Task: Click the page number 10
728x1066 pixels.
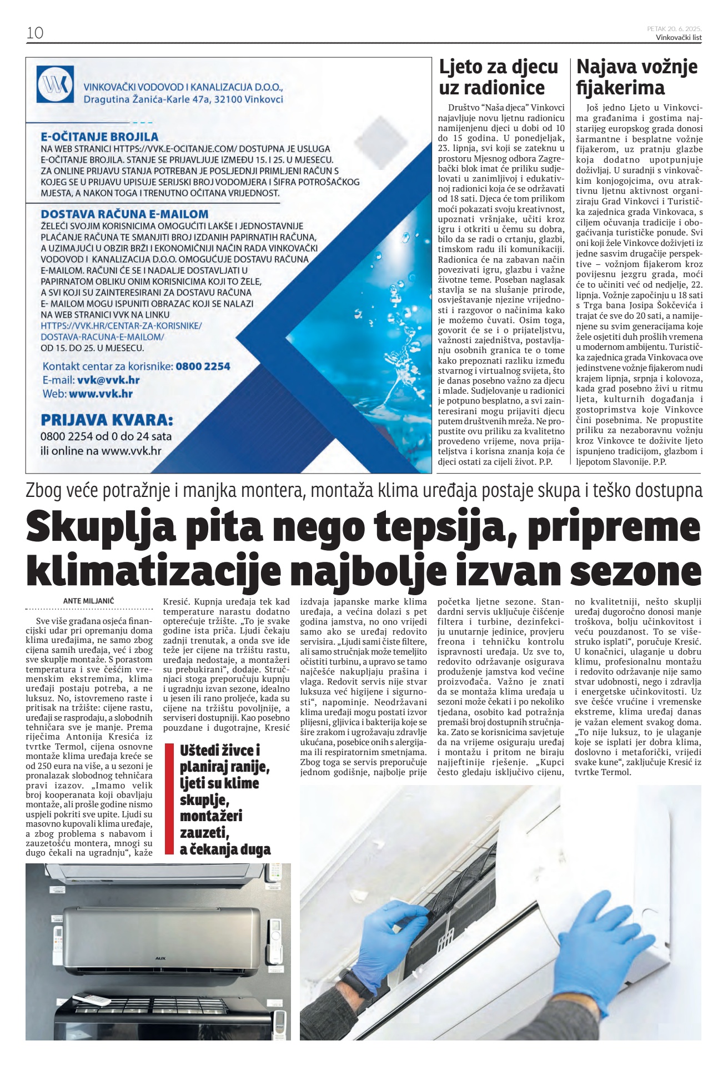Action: [x=34, y=33]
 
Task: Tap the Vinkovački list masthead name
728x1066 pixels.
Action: [x=678, y=37]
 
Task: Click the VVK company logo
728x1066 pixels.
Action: [x=55, y=84]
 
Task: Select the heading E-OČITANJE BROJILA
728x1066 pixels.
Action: [x=99, y=137]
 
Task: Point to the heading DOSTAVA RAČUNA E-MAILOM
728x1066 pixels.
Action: [x=124, y=214]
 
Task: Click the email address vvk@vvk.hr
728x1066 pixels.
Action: [x=108, y=380]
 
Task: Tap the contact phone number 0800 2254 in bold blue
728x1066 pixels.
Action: [x=203, y=366]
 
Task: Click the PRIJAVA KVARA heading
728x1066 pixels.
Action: [x=107, y=419]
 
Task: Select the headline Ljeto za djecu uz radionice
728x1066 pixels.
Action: [x=498, y=77]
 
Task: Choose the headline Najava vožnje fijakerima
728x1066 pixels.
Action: [x=637, y=77]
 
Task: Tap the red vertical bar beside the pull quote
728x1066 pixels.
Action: [x=170, y=798]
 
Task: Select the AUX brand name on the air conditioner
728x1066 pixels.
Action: [x=161, y=958]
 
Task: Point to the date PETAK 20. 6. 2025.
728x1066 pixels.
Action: [x=674, y=28]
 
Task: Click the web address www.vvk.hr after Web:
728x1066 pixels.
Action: [x=101, y=394]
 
